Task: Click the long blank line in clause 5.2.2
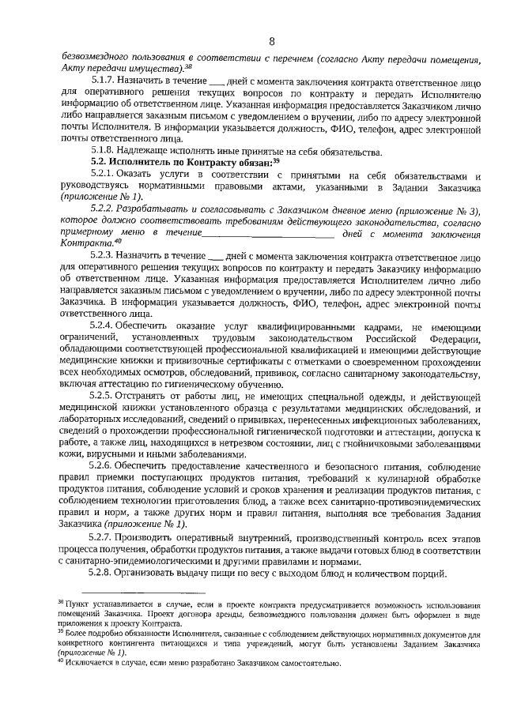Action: click(269, 235)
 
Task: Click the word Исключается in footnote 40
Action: click(88, 663)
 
